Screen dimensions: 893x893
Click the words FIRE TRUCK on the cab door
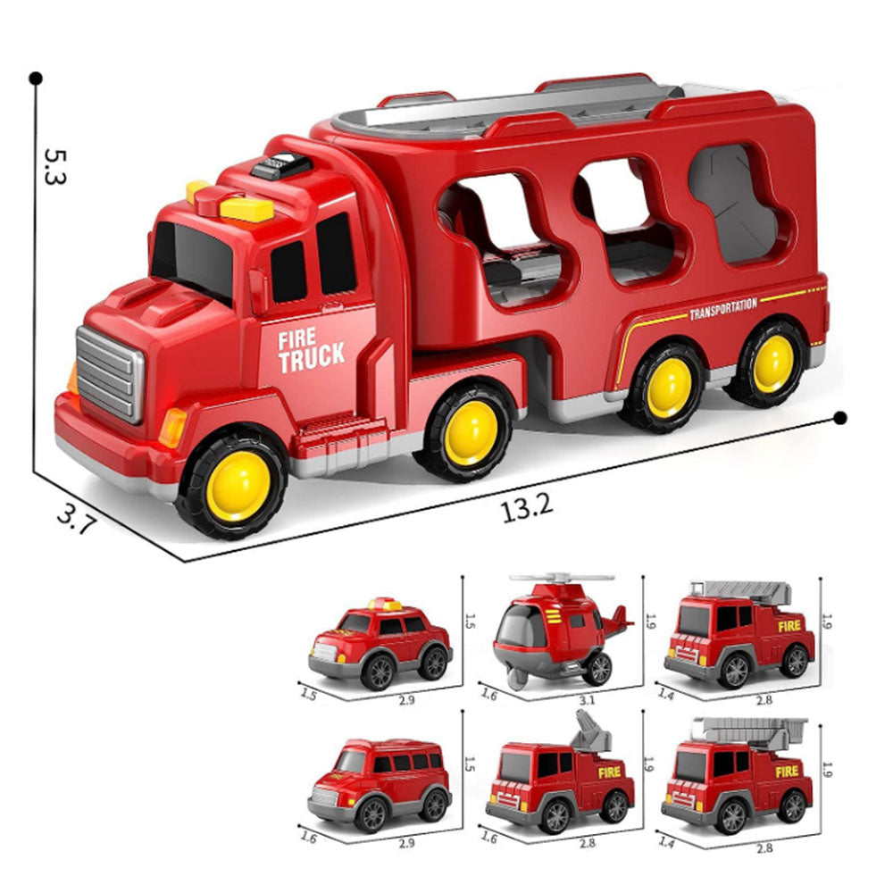click(x=312, y=351)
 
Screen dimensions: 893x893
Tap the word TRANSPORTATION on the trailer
click(x=723, y=308)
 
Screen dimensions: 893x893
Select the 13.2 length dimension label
click(x=527, y=506)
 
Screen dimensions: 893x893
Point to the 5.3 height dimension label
click(x=55, y=166)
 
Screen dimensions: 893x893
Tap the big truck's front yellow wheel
click(x=238, y=485)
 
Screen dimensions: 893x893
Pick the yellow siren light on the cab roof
click(x=246, y=208)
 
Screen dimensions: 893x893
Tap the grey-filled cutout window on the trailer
click(x=733, y=204)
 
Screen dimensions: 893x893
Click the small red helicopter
click(x=561, y=630)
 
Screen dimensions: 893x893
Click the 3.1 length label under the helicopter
click(x=587, y=700)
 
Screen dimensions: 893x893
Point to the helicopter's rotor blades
click(x=562, y=578)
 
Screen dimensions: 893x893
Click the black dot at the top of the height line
click(x=36, y=78)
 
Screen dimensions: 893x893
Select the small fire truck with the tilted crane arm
click(x=560, y=774)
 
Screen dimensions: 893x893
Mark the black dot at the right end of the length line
click(x=839, y=419)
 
